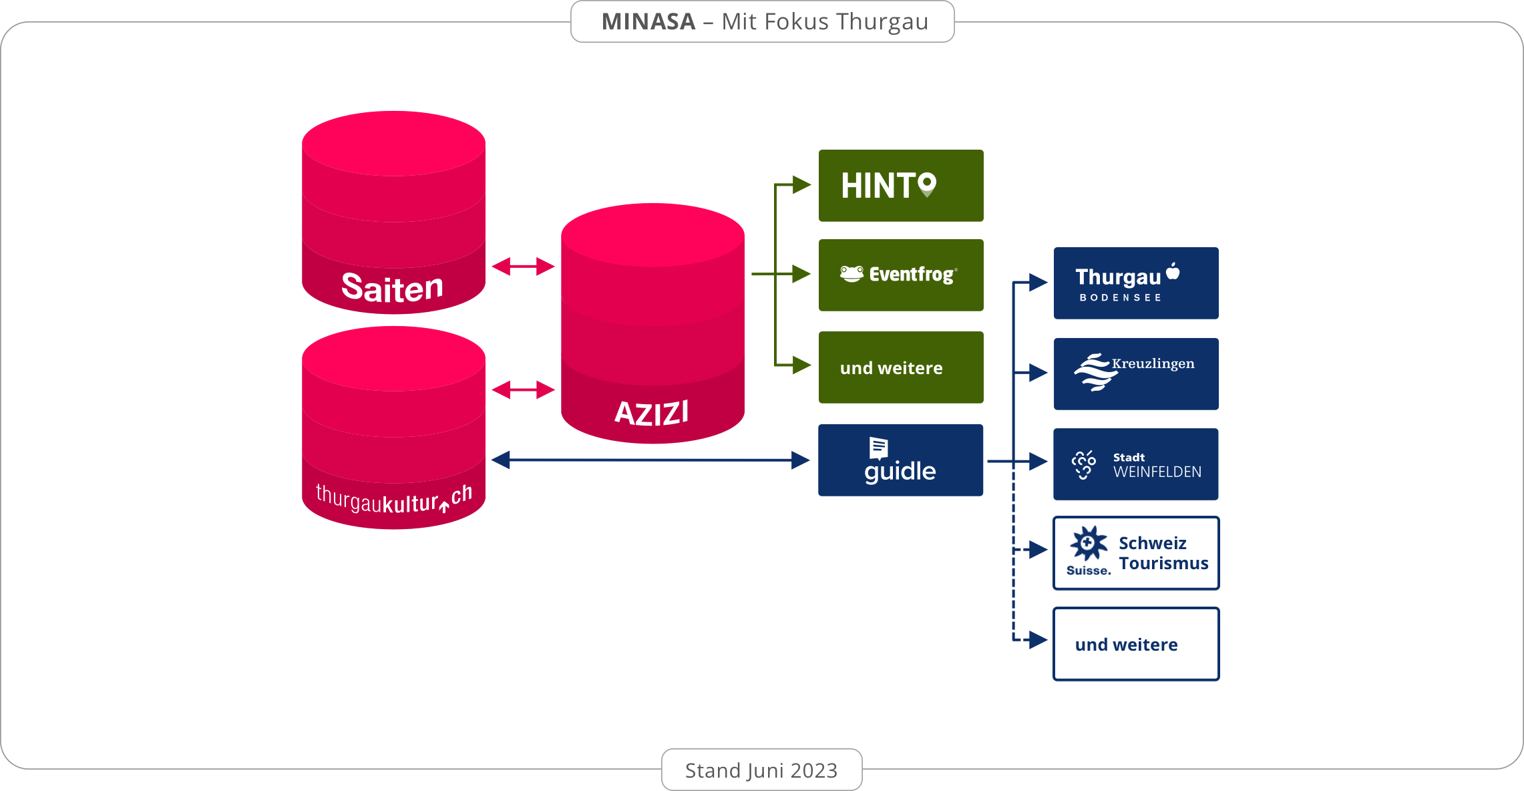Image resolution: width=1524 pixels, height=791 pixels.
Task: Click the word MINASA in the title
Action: click(x=648, y=22)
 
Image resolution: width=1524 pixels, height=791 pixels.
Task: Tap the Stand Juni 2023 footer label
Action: click(x=761, y=770)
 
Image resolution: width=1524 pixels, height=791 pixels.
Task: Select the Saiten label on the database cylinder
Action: click(x=392, y=288)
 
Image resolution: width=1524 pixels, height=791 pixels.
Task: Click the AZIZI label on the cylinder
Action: click(x=652, y=413)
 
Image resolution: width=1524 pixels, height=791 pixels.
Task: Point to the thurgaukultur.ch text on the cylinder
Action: click(x=393, y=500)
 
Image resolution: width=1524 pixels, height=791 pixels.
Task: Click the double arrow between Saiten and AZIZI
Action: click(x=523, y=267)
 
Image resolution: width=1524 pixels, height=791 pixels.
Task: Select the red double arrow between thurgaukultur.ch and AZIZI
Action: click(x=523, y=389)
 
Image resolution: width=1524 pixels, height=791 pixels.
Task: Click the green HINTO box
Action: click(x=901, y=186)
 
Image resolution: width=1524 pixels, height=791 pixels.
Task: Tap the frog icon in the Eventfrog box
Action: click(x=851, y=274)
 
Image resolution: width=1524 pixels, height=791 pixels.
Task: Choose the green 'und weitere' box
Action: click(x=901, y=367)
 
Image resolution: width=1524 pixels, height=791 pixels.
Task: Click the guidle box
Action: click(x=900, y=460)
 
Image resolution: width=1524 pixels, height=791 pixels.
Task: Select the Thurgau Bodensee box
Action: click(x=1136, y=283)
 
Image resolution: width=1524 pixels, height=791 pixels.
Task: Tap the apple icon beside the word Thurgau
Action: click(x=1173, y=271)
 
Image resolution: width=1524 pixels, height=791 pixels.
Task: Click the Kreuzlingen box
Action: click(x=1136, y=374)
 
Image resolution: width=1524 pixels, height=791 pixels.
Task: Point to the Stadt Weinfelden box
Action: click(x=1136, y=464)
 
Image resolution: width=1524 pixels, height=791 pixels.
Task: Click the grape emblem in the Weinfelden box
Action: click(x=1084, y=464)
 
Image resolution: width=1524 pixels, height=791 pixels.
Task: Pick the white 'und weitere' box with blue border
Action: click(x=1136, y=644)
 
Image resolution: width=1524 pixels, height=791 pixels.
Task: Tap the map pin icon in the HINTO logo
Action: click(x=927, y=184)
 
